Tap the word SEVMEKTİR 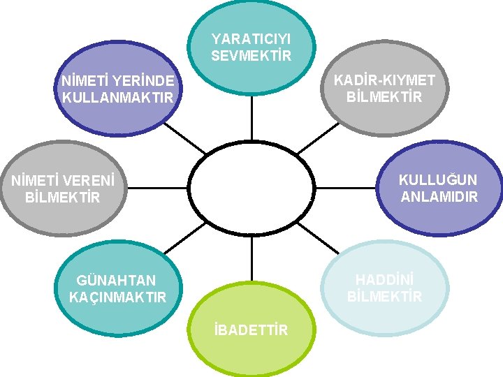251,55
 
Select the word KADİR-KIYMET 384,81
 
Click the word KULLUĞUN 438,180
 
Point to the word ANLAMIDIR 439,197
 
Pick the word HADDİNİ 384,279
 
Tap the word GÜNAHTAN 117,281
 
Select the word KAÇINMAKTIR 118,297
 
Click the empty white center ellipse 251,188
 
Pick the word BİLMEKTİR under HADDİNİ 384,297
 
